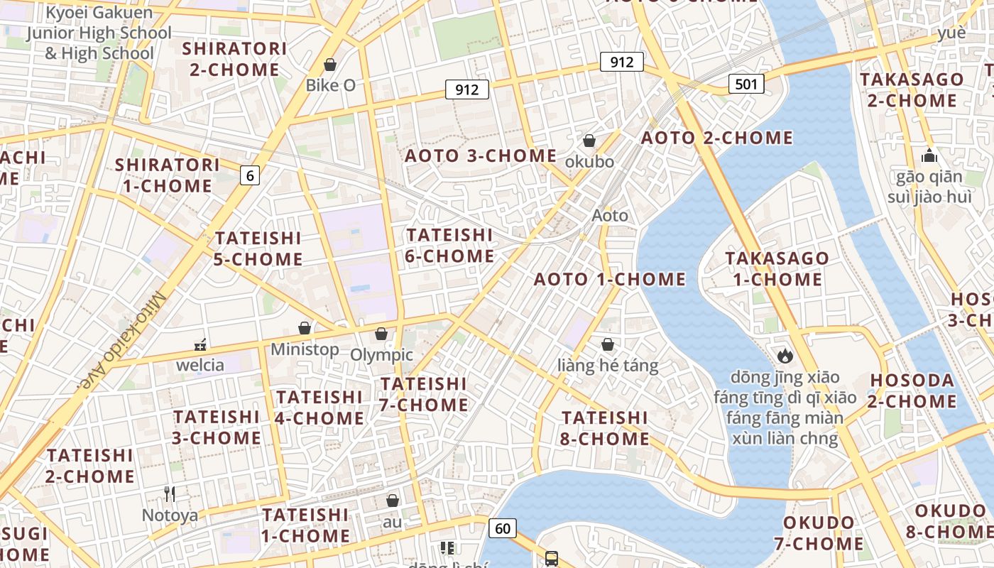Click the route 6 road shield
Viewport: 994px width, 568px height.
[x=249, y=175]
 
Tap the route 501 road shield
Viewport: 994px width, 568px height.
[x=745, y=84]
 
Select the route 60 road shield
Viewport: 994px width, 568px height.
[x=502, y=528]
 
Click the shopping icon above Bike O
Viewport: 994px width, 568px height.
[x=330, y=65]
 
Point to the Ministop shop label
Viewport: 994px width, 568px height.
[x=305, y=349]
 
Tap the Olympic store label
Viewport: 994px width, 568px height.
[x=382, y=354]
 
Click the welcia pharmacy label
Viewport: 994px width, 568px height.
[x=200, y=365]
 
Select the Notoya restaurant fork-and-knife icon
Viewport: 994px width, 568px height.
[x=170, y=493]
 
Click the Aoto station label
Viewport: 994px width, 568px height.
[x=610, y=215]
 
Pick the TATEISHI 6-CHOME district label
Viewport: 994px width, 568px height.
[x=450, y=245]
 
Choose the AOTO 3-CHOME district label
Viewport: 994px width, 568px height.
[x=481, y=155]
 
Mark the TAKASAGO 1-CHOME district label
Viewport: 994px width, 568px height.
[x=777, y=268]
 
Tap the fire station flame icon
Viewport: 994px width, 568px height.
[x=785, y=355]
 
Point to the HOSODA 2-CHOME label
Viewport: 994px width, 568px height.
[x=912, y=390]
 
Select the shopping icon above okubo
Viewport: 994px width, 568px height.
[x=589, y=141]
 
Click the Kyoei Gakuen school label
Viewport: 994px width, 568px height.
[x=99, y=33]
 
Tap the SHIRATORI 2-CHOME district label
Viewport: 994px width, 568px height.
[x=234, y=59]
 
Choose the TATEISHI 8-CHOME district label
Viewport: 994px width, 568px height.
[x=604, y=427]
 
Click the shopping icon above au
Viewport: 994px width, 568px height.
[x=393, y=501]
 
